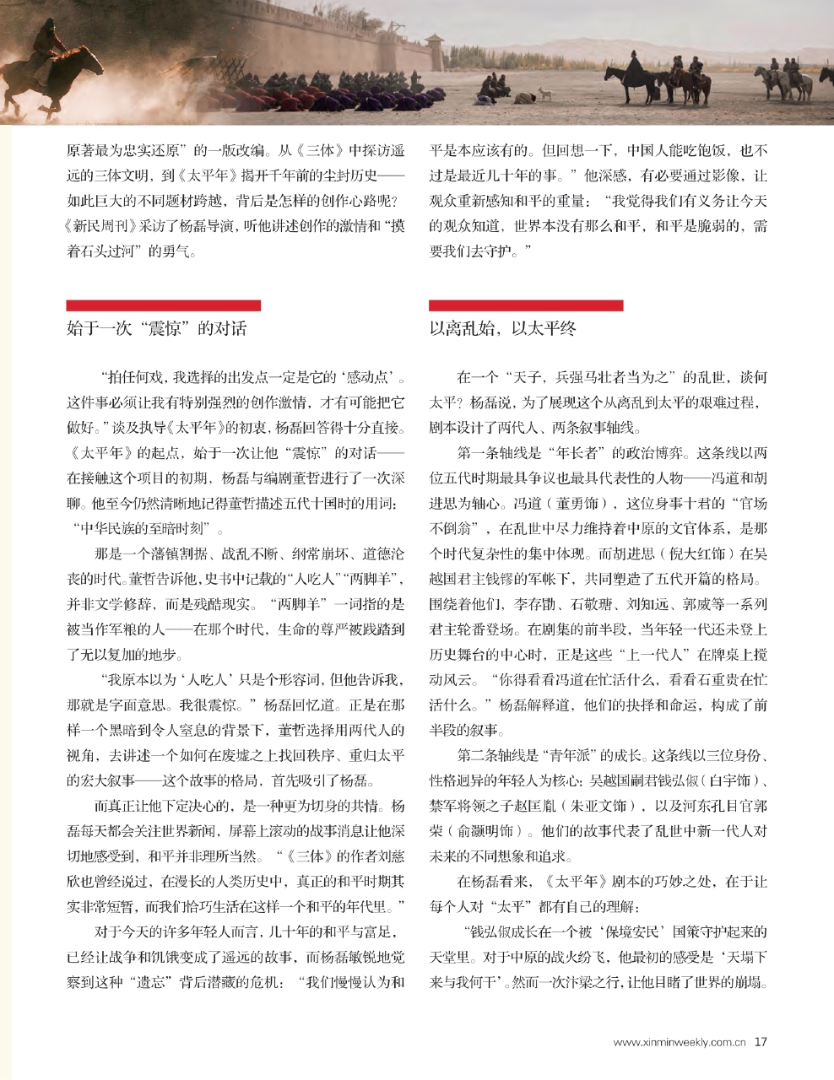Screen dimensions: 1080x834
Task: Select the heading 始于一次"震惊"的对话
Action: [156, 328]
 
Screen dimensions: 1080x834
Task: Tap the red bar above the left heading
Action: [163, 305]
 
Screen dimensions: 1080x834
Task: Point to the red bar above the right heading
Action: [526, 305]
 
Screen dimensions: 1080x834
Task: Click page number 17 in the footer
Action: [761, 1041]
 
